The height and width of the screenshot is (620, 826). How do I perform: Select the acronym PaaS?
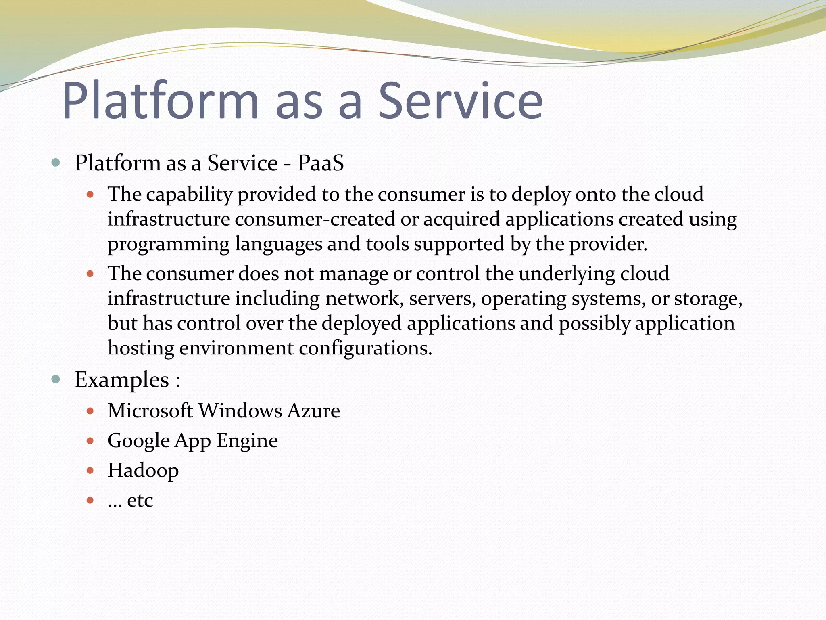click(x=321, y=163)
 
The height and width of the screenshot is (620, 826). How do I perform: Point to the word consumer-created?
click(x=315, y=219)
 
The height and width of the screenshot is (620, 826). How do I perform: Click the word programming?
click(x=169, y=245)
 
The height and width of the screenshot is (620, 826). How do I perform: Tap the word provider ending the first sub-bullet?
click(x=608, y=244)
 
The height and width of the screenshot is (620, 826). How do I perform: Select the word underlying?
click(x=567, y=274)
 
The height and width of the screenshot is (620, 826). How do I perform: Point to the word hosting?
click(x=141, y=348)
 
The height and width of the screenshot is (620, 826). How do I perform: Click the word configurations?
click(x=365, y=348)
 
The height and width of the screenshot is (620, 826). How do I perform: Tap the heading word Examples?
click(x=122, y=380)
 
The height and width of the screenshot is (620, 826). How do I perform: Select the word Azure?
click(x=314, y=411)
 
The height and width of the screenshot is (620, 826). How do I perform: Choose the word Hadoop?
click(x=143, y=471)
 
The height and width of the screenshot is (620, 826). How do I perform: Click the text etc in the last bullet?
click(x=140, y=501)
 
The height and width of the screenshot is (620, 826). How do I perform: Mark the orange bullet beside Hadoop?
click(x=90, y=471)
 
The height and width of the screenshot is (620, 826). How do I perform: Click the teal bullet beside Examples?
click(x=56, y=379)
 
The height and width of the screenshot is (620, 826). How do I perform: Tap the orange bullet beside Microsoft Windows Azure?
click(x=90, y=411)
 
